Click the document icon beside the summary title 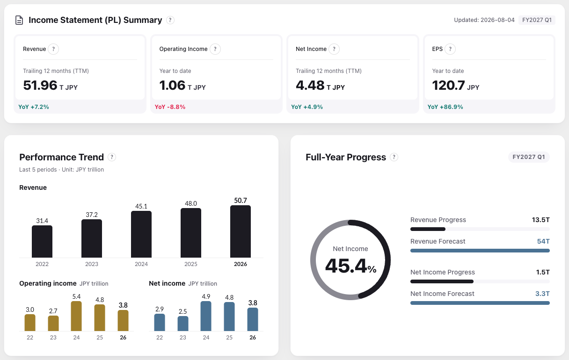pos(19,20)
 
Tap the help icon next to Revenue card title pos(53,49)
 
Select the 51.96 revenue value pos(40,85)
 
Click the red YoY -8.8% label pos(170,107)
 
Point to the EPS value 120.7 pos(448,85)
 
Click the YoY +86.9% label pos(445,107)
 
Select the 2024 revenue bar pos(141,234)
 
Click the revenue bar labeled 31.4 pos(42,241)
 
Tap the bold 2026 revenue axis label pos(241,264)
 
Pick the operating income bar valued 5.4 pos(76,316)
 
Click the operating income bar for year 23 pos(53,323)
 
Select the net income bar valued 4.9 pos(206,316)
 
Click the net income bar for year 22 pos(160,323)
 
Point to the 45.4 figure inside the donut pos(346,266)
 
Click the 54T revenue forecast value pos(543,241)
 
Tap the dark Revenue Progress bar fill pos(428,229)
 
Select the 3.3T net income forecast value pos(542,294)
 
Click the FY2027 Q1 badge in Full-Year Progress pos(529,157)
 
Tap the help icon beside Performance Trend pos(112,157)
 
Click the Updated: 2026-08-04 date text pos(484,20)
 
